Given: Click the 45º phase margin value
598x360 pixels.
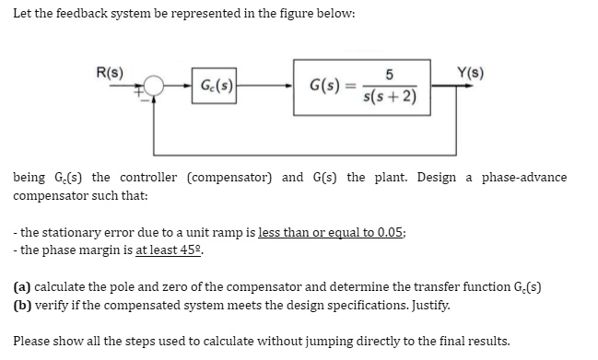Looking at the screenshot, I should coord(188,249).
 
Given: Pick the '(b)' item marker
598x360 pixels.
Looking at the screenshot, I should coord(20,304).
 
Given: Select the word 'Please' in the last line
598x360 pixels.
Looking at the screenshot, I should coord(31,340).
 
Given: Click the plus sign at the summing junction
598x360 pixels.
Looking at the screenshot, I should coord(142,92).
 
